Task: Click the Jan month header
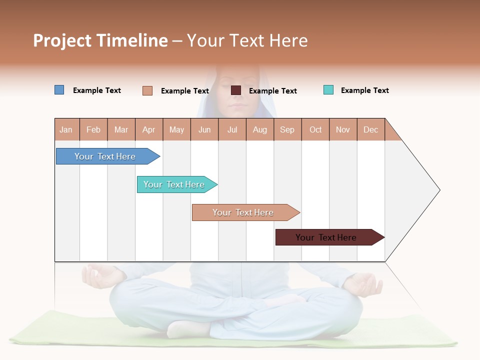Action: coord(66,129)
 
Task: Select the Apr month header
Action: coord(149,129)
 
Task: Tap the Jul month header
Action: coord(232,129)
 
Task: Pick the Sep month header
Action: coord(287,129)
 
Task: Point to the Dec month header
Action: coord(371,129)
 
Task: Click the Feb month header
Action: coord(93,129)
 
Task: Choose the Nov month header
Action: coord(343,129)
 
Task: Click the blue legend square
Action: coord(59,90)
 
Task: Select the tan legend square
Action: coord(147,90)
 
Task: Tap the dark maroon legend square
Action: coord(236,90)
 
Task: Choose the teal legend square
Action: coord(328,90)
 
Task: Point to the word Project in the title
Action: coord(61,40)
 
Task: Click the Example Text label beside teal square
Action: coord(364,90)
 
